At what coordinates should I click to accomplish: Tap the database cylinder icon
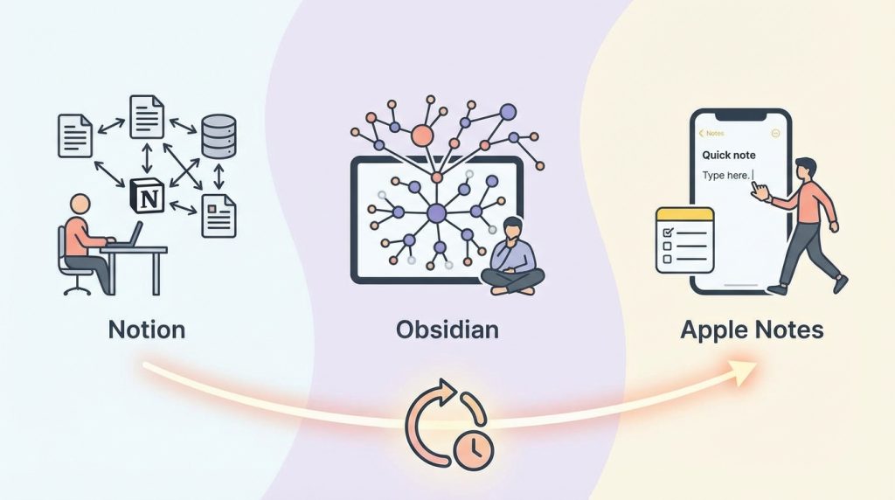[219, 137]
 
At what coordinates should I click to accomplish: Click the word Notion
[146, 330]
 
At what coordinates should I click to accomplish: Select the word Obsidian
[447, 330]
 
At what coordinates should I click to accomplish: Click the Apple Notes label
[752, 330]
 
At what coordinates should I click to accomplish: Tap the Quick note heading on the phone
[730, 155]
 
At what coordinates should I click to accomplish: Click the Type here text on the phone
[726, 176]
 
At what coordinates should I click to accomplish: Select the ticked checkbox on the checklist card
[667, 233]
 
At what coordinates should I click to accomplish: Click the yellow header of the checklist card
[685, 215]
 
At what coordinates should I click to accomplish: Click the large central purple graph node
[436, 212]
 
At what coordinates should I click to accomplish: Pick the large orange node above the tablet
[422, 135]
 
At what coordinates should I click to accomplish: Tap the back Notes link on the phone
[711, 133]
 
